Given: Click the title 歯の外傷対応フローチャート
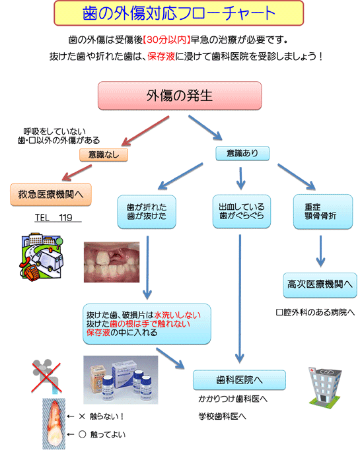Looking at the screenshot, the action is (x=178, y=13).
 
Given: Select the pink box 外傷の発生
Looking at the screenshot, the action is (x=180, y=96).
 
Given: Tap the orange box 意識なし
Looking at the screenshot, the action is (x=104, y=154).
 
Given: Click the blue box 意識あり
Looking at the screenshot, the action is (x=242, y=153).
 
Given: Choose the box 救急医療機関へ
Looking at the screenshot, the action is (x=51, y=195).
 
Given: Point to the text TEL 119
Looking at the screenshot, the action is (x=54, y=217).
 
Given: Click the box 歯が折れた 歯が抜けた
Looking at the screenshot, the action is (x=147, y=212).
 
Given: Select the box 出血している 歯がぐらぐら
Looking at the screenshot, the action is (x=242, y=211).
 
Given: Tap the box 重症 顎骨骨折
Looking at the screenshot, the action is (x=323, y=211).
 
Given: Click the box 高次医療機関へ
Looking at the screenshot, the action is (x=320, y=284).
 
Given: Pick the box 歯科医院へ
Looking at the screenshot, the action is (x=239, y=379).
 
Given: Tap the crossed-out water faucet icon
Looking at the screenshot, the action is (x=46, y=376).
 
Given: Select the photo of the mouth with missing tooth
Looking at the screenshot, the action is (x=112, y=262).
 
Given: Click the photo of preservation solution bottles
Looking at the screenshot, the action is (x=121, y=379).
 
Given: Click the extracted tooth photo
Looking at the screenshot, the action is (x=54, y=424).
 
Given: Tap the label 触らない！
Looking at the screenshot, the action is (x=106, y=416).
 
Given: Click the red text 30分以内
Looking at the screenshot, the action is (x=166, y=40).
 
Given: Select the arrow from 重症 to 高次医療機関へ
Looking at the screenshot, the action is (x=320, y=251).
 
